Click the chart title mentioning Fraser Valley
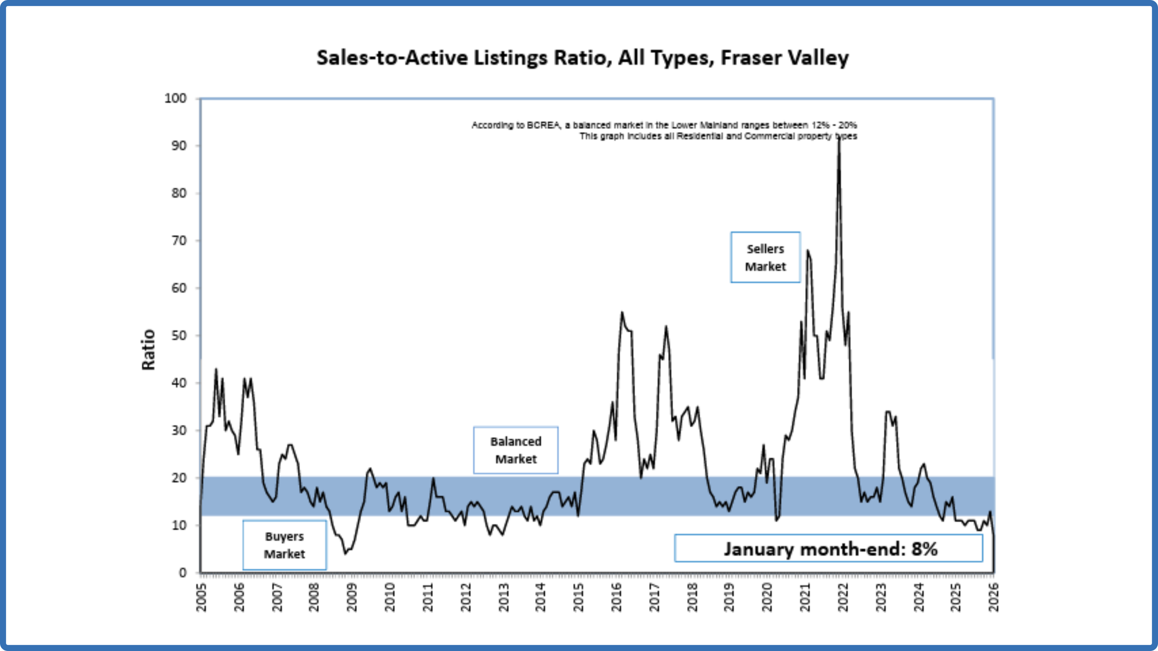pyautogui.click(x=582, y=58)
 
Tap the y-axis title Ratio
pyautogui.click(x=148, y=350)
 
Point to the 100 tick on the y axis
pyautogui.click(x=176, y=98)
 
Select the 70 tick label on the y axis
pyautogui.click(x=179, y=241)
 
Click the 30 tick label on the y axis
pyautogui.click(x=179, y=430)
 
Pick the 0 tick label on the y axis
pyautogui.click(x=182, y=573)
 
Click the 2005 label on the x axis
pyautogui.click(x=201, y=597)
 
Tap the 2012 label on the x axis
pyautogui.click(x=466, y=597)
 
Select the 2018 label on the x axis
pyautogui.click(x=692, y=597)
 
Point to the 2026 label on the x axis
pyautogui.click(x=994, y=597)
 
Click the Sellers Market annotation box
pyautogui.click(x=765, y=257)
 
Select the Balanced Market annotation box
pyautogui.click(x=516, y=450)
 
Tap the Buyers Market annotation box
pyautogui.click(x=285, y=545)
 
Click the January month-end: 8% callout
pyautogui.click(x=829, y=549)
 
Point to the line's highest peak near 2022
pyautogui.click(x=839, y=138)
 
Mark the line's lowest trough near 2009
pyautogui.click(x=346, y=553)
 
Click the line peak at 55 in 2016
pyautogui.click(x=622, y=312)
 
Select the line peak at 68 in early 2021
pyautogui.click(x=808, y=251)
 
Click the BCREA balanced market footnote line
pyautogui.click(x=663, y=125)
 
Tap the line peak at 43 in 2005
pyautogui.click(x=216, y=369)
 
